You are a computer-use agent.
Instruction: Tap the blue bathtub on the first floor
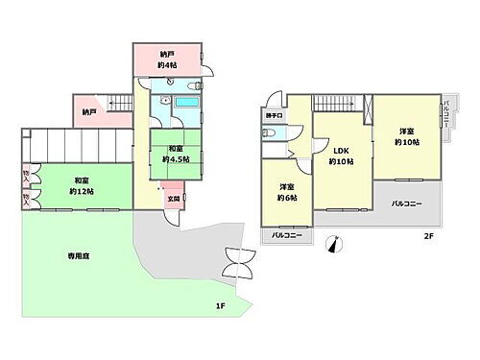pyautogui.click(x=185, y=103)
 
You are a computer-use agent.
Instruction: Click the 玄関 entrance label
pyautogui.click(x=173, y=199)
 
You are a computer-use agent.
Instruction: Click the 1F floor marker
pyautogui.click(x=220, y=305)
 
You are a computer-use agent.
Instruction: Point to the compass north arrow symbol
pyautogui.click(x=335, y=244)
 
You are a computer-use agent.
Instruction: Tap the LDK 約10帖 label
pyautogui.click(x=341, y=156)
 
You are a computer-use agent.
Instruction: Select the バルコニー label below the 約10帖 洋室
pyautogui.click(x=407, y=204)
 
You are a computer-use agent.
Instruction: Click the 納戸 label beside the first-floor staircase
pyautogui.click(x=89, y=111)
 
